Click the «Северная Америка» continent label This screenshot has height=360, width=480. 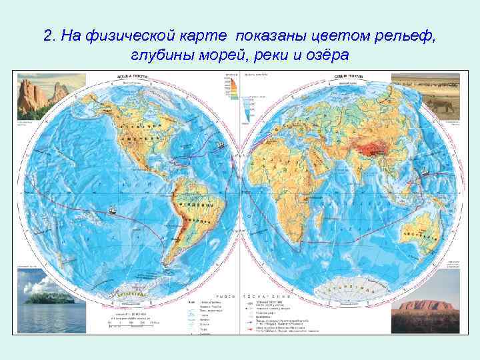click(x=141, y=127)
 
